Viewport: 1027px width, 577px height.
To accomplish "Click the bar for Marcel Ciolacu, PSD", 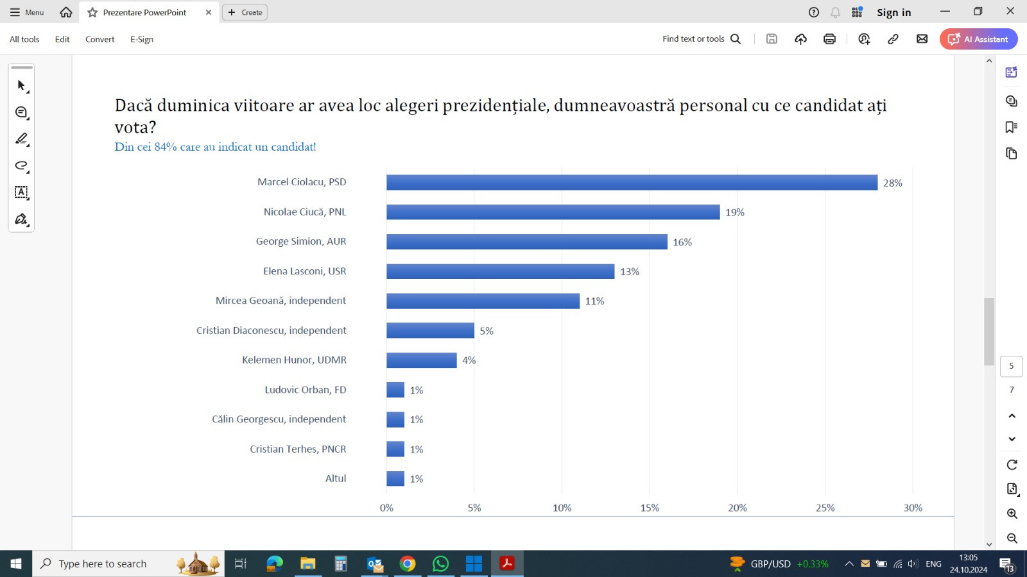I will [x=632, y=183].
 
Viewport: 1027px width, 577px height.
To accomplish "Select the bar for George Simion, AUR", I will [x=526, y=242].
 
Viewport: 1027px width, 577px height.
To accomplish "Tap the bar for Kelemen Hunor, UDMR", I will [x=421, y=360].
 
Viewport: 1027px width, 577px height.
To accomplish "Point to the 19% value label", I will [x=735, y=212].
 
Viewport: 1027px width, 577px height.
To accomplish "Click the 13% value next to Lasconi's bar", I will [x=630, y=272].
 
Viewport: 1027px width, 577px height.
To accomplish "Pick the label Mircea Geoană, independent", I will [x=280, y=301].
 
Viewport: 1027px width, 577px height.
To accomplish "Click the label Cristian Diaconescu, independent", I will [x=271, y=330].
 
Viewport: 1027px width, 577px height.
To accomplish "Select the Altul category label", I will [x=336, y=478].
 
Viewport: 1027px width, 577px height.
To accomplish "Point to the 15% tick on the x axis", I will [x=650, y=508].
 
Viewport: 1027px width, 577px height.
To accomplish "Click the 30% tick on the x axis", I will [x=913, y=508].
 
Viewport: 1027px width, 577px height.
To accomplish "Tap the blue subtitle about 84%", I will [x=215, y=147].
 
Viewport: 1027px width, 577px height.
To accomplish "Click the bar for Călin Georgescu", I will [x=395, y=420].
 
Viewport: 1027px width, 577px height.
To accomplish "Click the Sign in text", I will [x=893, y=12].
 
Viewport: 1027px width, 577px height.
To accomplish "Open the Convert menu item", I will [x=99, y=39].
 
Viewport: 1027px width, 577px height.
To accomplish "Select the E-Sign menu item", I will [x=142, y=39].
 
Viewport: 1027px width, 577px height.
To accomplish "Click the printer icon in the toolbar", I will [x=829, y=39].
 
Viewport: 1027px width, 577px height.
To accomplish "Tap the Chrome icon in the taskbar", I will [x=408, y=564].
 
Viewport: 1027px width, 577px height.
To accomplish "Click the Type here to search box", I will [x=103, y=564].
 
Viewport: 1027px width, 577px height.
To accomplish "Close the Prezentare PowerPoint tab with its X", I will [x=209, y=12].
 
